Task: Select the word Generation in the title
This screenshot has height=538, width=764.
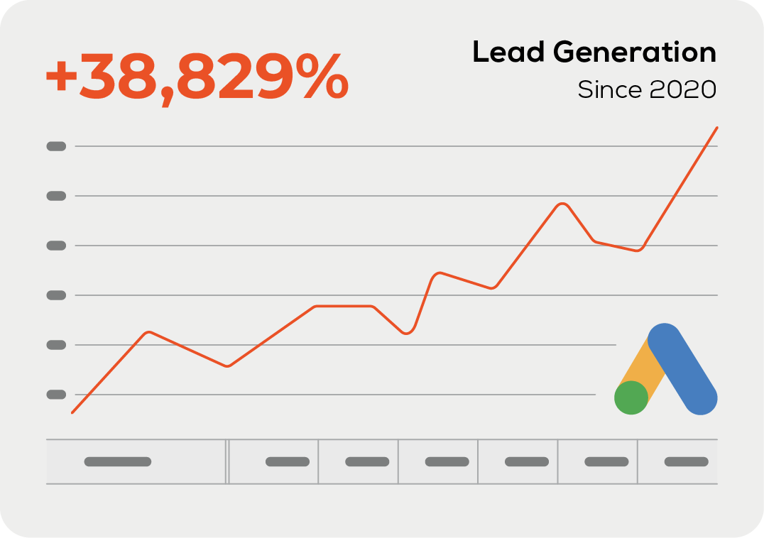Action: pos(635,53)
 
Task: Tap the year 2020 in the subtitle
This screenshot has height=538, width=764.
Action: pos(682,90)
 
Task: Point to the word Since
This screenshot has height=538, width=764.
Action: pos(609,90)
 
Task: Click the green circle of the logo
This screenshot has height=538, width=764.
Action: pos(631,397)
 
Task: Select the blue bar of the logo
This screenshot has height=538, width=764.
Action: pos(683,369)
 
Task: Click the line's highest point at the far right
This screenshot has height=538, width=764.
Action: pos(717,128)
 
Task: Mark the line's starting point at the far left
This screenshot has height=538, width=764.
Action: pos(72,412)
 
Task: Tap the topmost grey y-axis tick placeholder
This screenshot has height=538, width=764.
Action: pos(56,146)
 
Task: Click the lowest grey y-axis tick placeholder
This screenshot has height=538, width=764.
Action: pos(56,394)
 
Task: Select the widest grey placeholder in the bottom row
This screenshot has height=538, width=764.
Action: pos(118,461)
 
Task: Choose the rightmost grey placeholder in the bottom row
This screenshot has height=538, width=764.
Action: pos(686,461)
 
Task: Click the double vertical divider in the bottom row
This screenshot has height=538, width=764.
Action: pos(227,461)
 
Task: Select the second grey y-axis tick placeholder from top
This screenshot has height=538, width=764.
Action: pos(56,196)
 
